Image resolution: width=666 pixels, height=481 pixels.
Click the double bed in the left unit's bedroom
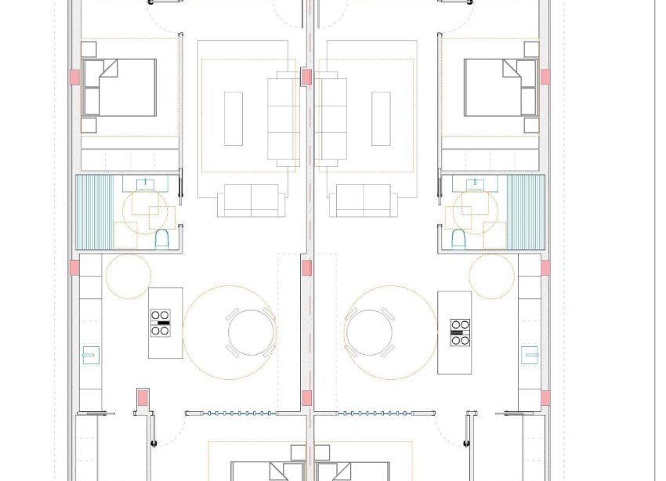[119, 87]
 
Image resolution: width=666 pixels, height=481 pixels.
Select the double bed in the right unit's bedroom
[500, 87]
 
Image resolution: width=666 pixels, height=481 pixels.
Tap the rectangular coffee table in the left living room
[233, 118]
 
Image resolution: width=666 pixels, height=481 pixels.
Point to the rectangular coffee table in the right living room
[382, 118]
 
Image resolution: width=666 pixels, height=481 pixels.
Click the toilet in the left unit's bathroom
[162, 238]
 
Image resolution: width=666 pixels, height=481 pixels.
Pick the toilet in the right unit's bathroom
[458, 238]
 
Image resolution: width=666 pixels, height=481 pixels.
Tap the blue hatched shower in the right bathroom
[526, 212]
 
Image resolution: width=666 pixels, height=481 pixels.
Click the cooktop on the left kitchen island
[161, 324]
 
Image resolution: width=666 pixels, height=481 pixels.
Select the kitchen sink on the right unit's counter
[530, 354]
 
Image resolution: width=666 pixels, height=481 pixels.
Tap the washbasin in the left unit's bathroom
[147, 184]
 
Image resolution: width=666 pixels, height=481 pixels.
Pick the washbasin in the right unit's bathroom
[474, 184]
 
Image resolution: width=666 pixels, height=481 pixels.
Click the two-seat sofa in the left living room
[251, 201]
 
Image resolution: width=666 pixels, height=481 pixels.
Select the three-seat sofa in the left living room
[284, 118]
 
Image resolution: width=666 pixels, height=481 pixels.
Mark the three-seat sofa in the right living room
[331, 118]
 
